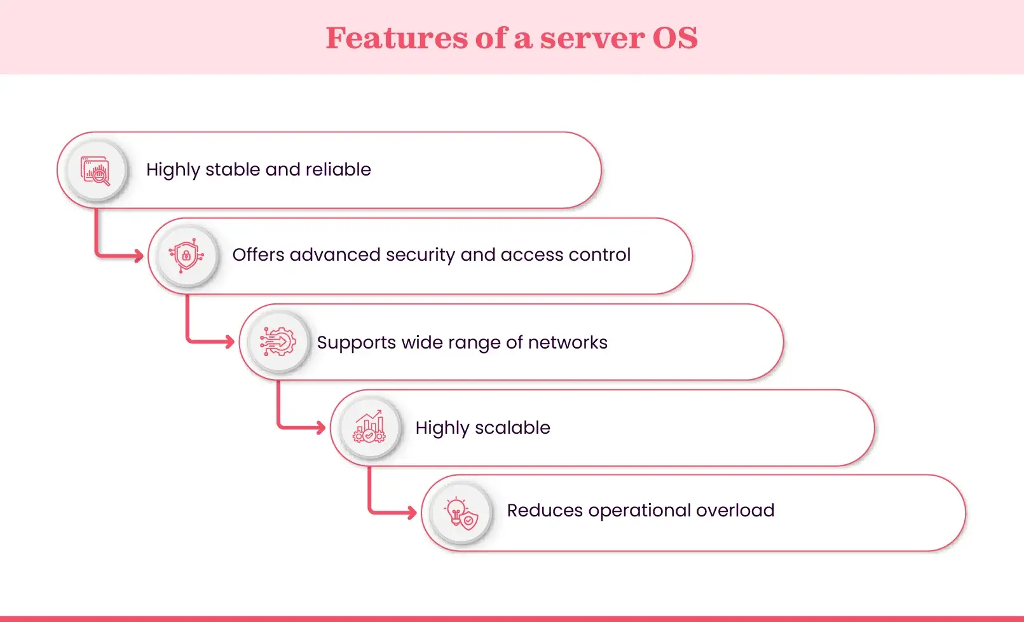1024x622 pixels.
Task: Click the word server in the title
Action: pyautogui.click(x=591, y=38)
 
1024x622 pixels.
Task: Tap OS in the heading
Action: pyautogui.click(x=675, y=38)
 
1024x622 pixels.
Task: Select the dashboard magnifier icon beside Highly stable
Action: pyautogui.click(x=96, y=170)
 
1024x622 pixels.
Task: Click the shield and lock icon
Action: pyautogui.click(x=186, y=256)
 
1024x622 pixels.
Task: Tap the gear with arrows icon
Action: pyautogui.click(x=278, y=342)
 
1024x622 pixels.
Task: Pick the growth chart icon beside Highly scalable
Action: pyautogui.click(x=369, y=427)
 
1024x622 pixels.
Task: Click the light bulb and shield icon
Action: pyautogui.click(x=461, y=513)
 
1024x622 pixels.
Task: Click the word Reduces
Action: pyautogui.click(x=544, y=510)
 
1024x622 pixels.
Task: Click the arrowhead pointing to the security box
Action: pyautogui.click(x=139, y=256)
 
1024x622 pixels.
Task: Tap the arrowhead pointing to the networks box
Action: pyautogui.click(x=229, y=342)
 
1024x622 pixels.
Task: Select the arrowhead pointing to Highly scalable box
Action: pyautogui.click(x=321, y=427)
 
